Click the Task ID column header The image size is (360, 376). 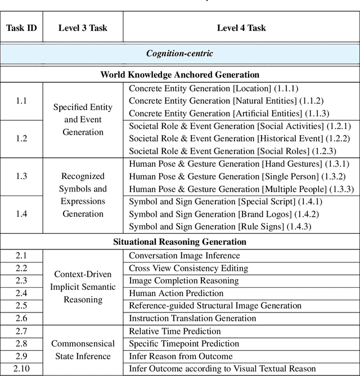tap(21, 28)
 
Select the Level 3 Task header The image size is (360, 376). tap(83, 28)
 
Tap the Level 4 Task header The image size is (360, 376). tap(241, 28)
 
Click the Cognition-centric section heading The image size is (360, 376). tap(179, 54)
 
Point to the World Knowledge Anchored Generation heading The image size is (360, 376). tap(180, 74)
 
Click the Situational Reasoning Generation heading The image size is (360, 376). tap(180, 241)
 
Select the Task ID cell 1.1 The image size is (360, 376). tap(21, 101)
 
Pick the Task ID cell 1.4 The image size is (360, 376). tap(21, 214)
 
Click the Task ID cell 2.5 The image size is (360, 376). tap(21, 306)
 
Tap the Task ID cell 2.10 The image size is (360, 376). tap(21, 369)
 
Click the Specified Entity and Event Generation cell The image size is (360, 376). tap(83, 119)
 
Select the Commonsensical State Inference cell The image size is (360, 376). tap(83, 350)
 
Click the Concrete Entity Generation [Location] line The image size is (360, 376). tap(213, 88)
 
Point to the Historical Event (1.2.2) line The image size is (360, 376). tap(240, 138)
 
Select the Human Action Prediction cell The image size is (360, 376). tap(176, 293)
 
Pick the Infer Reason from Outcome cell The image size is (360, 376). tap(181, 356)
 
